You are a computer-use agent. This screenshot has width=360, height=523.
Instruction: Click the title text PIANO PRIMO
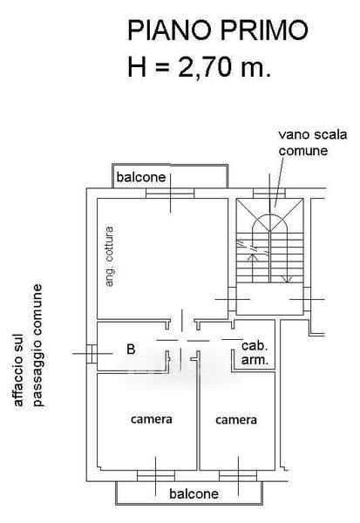coord(218,30)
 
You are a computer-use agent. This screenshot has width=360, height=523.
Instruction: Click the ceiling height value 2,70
coord(205,67)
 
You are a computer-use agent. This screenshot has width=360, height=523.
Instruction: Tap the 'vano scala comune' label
coord(313,143)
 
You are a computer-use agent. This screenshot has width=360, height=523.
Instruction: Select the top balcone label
coord(141,177)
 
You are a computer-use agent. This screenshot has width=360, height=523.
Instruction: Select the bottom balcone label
coord(194,493)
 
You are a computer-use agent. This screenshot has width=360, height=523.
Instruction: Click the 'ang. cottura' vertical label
coord(109,256)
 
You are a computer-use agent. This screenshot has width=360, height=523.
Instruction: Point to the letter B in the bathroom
coord(131,350)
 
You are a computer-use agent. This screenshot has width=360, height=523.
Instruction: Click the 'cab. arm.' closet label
coord(255,353)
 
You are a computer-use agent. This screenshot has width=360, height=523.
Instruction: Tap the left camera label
coord(152,419)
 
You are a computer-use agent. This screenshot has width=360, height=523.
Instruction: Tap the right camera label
coord(236,420)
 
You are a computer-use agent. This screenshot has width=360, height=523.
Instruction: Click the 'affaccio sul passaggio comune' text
coord(29,345)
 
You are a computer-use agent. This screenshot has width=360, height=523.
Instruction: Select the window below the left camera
coord(156,476)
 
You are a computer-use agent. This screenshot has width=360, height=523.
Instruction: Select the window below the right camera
coord(238,476)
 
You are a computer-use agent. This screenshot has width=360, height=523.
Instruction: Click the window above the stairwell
coord(269,194)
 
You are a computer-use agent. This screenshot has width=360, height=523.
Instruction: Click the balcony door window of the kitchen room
coord(170,194)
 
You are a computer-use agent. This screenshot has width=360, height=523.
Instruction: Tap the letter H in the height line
coord(137,67)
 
